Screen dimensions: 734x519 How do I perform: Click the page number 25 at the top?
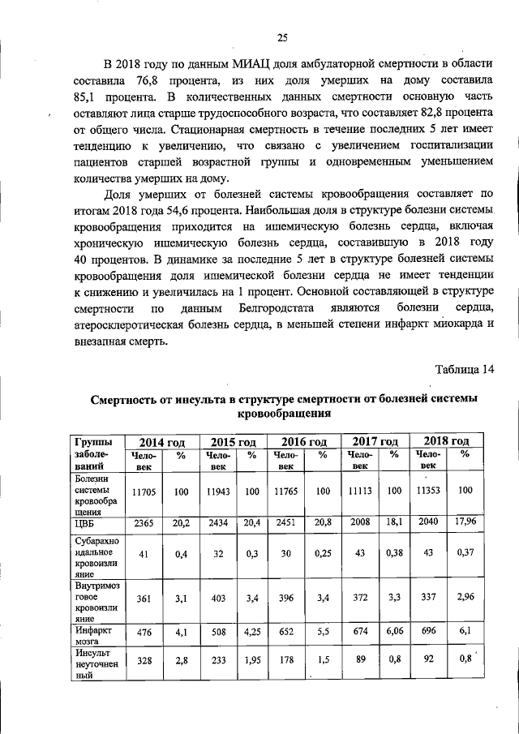pos(282,36)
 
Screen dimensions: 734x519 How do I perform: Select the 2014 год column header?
pos(162,442)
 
